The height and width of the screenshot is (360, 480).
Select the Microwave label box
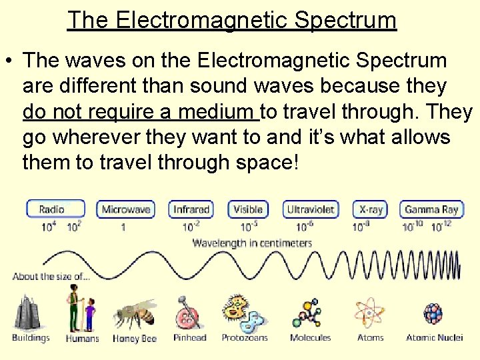click(x=126, y=209)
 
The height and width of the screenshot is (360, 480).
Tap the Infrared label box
click(x=191, y=209)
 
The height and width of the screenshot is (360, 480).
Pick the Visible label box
click(x=248, y=209)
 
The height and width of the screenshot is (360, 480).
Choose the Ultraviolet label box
click(x=311, y=209)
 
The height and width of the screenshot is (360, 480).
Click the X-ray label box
click(x=371, y=209)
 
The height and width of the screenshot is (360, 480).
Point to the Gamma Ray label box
click(x=431, y=209)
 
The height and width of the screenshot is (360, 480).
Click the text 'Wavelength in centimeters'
click(x=252, y=243)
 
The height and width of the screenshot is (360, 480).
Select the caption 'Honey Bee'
click(x=135, y=339)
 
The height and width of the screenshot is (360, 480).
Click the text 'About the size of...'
click(x=51, y=276)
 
